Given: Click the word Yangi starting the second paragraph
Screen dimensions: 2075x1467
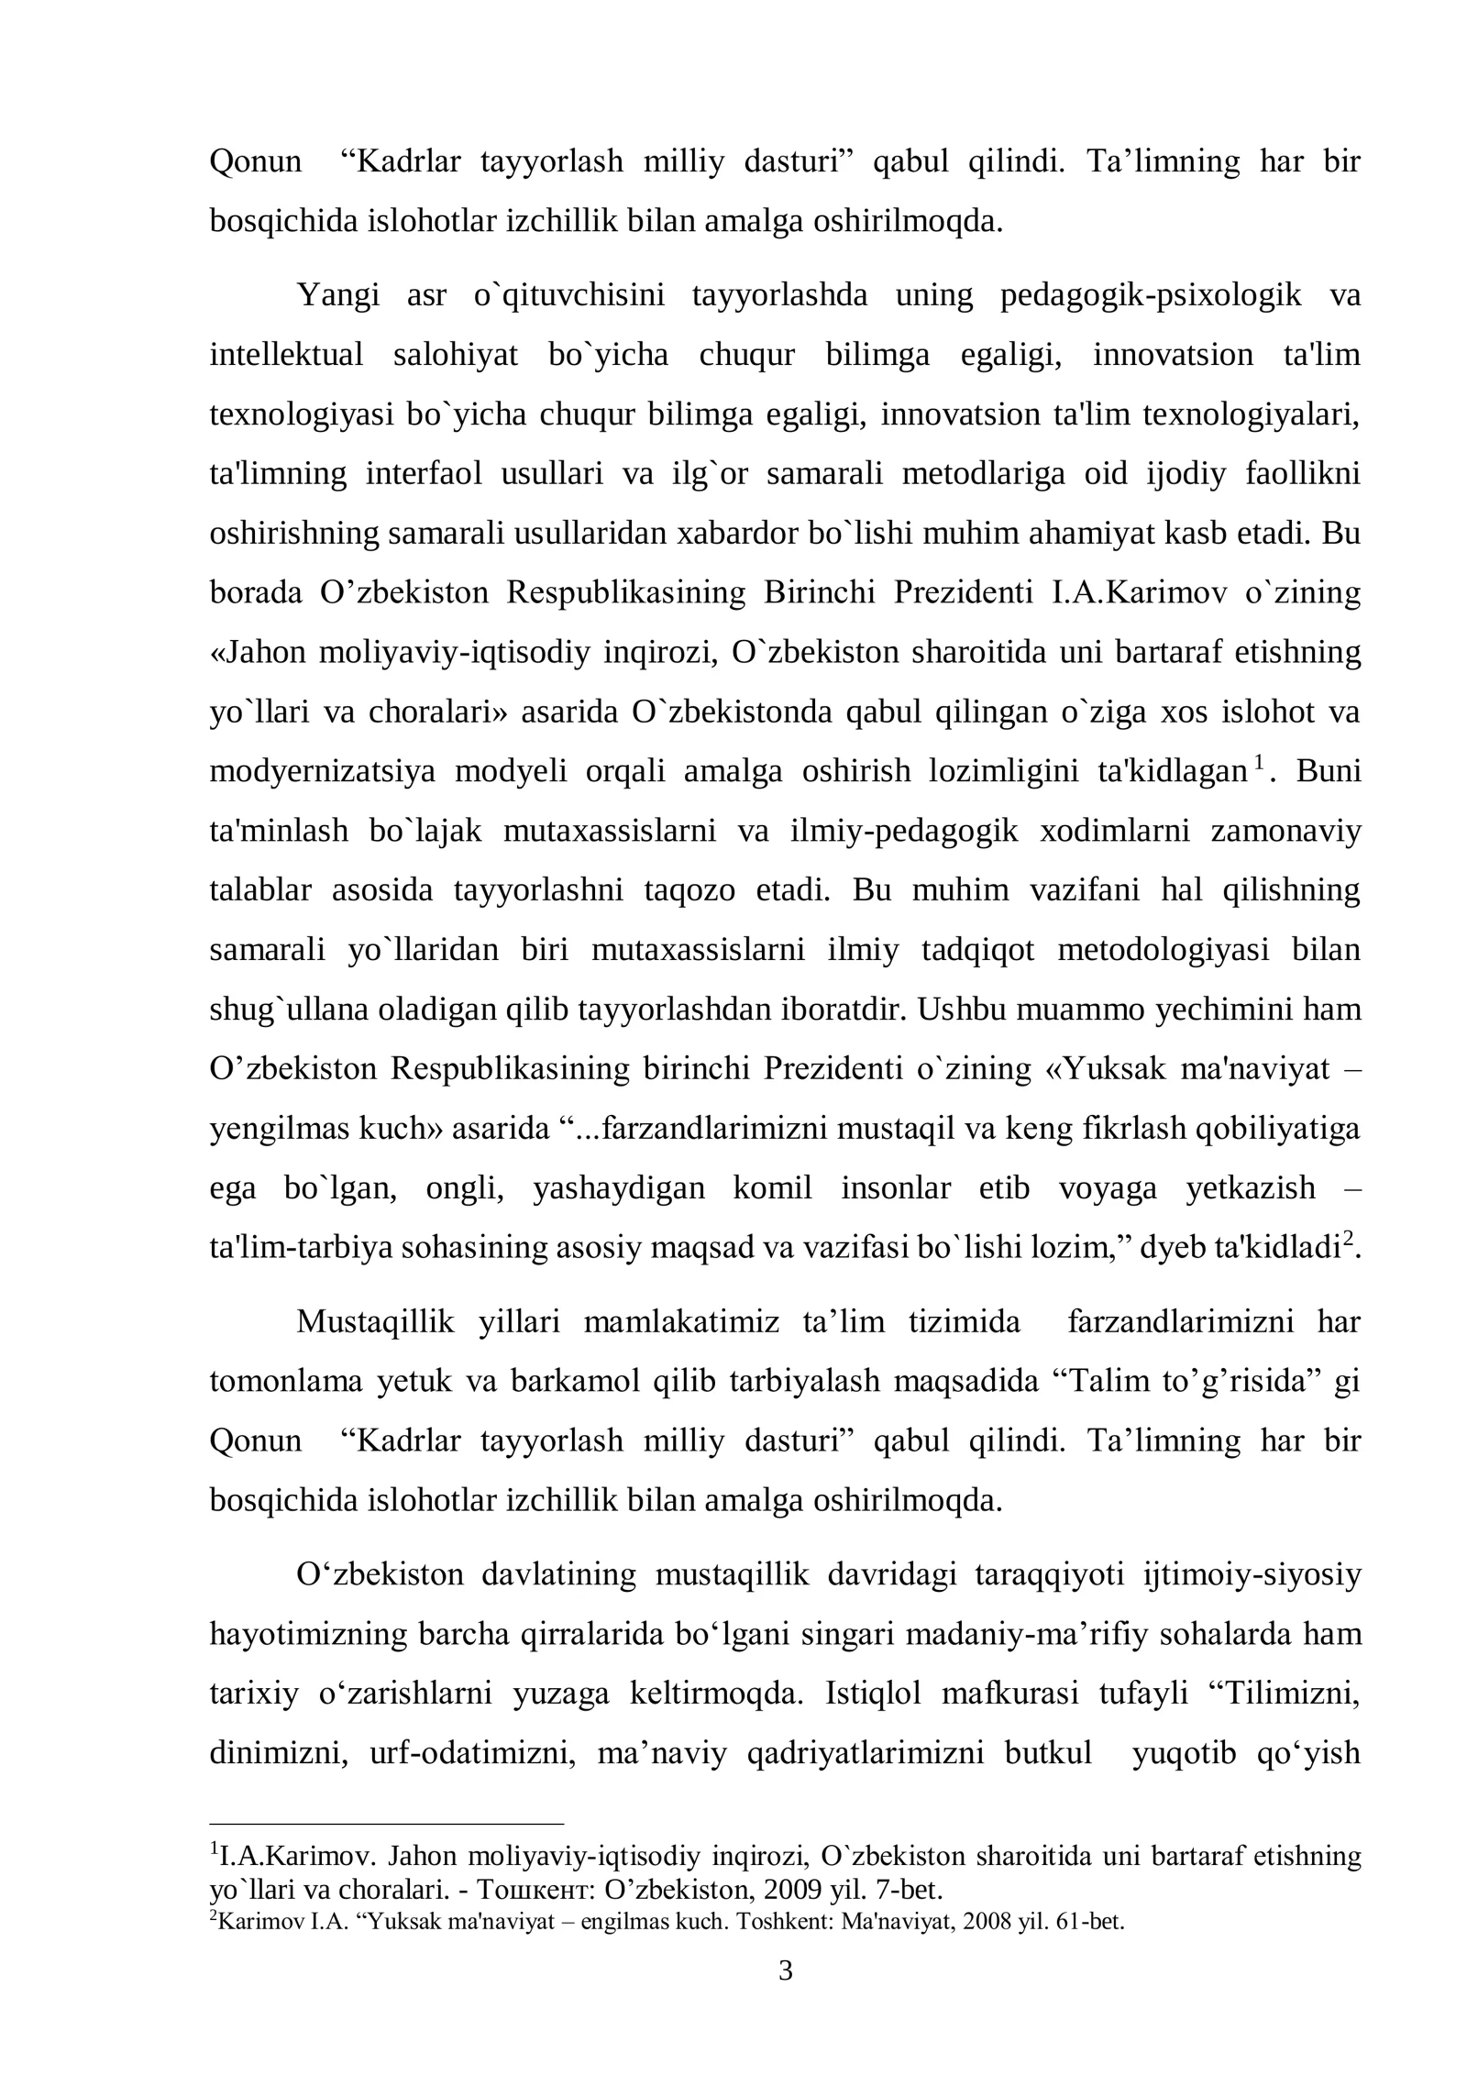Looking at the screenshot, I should coord(337,296).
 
